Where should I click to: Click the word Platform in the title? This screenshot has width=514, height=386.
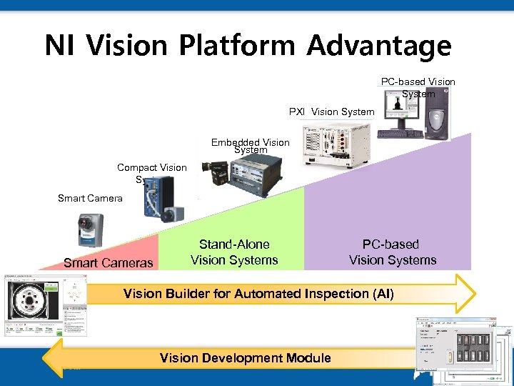[x=236, y=46]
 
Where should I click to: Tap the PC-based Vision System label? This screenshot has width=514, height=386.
[x=418, y=87]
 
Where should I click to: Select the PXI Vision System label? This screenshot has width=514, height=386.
[x=331, y=112]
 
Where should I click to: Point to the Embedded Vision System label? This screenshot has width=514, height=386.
[x=251, y=146]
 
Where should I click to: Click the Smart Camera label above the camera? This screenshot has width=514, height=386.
[x=90, y=198]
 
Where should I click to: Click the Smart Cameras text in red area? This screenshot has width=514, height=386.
[x=108, y=262]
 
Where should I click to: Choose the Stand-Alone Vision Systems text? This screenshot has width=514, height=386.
[x=234, y=252]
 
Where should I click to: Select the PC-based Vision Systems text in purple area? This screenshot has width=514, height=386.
[x=392, y=252]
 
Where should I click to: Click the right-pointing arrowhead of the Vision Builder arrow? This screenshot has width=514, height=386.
[x=463, y=293]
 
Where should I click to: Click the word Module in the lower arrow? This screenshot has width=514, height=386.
[x=306, y=357]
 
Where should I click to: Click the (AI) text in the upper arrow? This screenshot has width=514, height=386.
[x=379, y=294]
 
